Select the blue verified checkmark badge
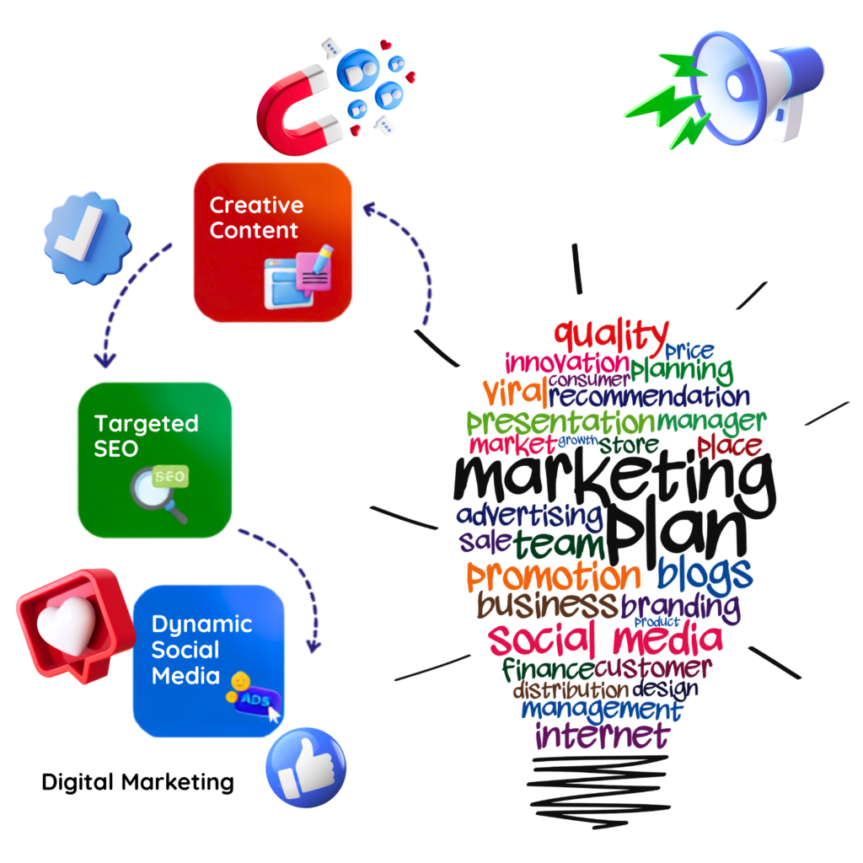88,238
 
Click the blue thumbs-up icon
306,767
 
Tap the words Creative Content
256,217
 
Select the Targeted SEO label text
146,436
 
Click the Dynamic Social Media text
201,650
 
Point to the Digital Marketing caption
137,782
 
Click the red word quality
611,335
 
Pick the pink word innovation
567,363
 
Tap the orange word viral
515,392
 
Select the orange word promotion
554,576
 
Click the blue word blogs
705,575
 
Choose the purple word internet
603,735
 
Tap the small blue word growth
578,440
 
